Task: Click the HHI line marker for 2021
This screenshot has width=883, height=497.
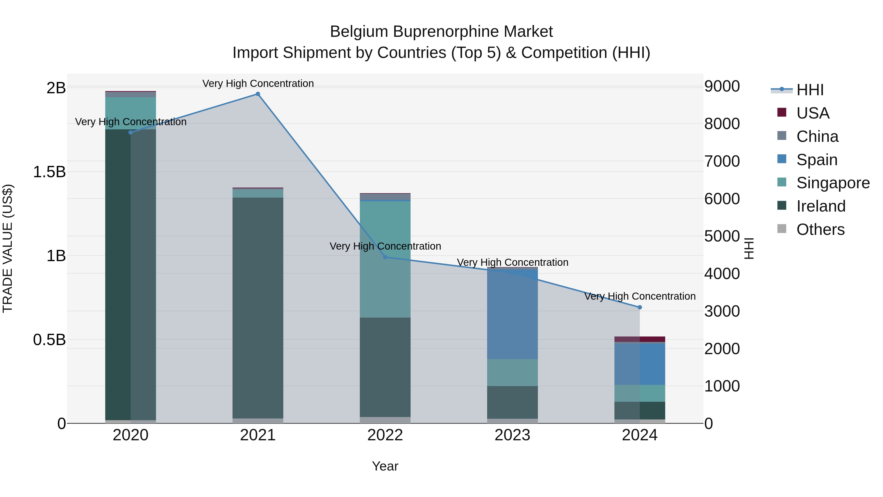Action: click(258, 94)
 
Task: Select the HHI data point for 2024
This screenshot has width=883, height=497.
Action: click(640, 307)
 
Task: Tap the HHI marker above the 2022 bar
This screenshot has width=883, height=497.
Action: click(385, 257)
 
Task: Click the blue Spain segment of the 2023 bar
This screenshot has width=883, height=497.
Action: click(512, 314)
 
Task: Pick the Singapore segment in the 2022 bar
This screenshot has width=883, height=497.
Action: click(385, 259)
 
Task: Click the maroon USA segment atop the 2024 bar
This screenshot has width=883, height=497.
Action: click(640, 339)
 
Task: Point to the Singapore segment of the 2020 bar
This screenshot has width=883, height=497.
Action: click(130, 113)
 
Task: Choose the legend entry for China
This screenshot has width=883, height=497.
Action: click(817, 136)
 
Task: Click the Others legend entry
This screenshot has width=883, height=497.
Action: click(820, 229)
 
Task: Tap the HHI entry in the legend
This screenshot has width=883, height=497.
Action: click(810, 90)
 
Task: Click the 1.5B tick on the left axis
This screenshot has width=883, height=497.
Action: click(49, 172)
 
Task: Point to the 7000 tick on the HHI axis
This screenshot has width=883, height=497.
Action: click(722, 161)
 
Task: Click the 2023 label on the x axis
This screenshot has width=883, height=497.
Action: click(512, 435)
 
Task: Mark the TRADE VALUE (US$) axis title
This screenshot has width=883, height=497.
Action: click(8, 248)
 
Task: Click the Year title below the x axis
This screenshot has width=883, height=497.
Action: click(385, 466)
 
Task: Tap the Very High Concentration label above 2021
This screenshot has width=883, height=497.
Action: click(258, 83)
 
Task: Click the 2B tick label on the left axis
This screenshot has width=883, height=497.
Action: click(56, 88)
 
